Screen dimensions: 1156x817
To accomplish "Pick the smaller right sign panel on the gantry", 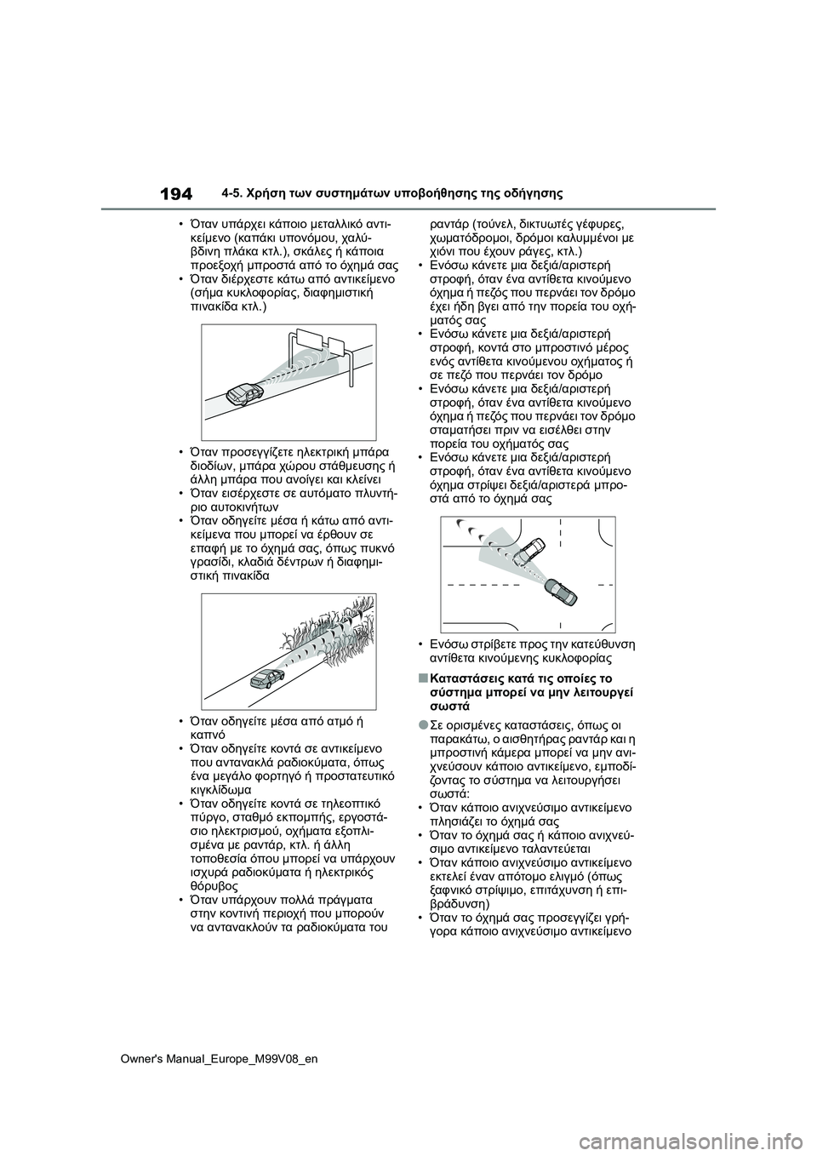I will (x=335, y=347).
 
